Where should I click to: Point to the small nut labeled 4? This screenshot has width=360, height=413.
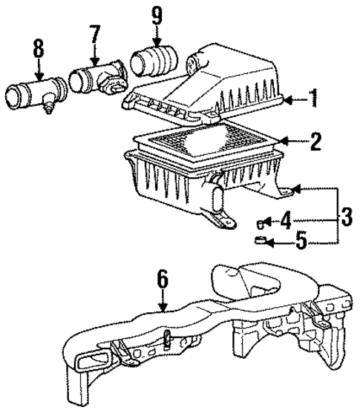tap(260, 221)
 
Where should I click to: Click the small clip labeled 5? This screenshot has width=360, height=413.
tap(260, 239)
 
